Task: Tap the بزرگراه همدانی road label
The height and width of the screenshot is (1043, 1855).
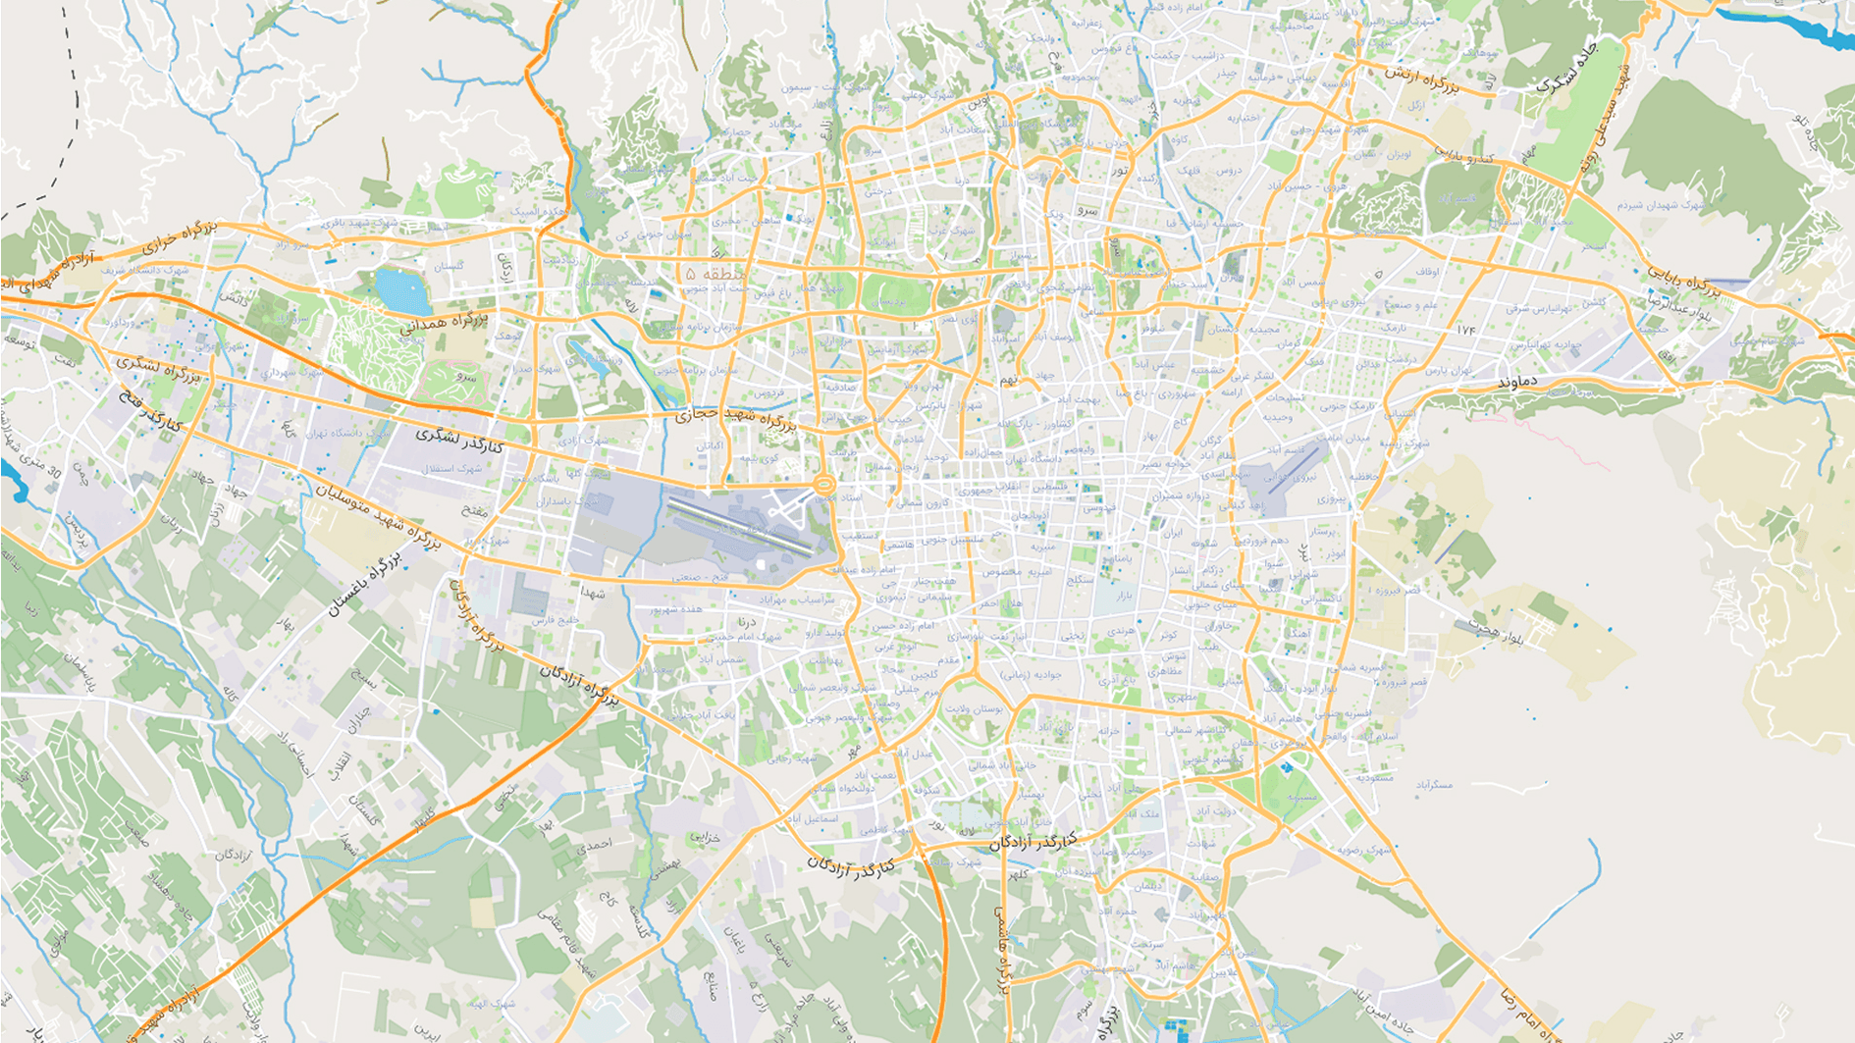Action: pos(444,323)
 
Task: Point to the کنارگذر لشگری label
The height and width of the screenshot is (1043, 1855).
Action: pos(458,440)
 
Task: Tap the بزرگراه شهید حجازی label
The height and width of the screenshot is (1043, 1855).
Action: pos(735,419)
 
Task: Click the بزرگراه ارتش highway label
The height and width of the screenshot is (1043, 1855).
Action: pos(1422,79)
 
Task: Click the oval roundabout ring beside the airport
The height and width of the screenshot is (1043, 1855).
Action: pos(824,484)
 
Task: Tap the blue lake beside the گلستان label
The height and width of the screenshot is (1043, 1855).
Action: pos(402,291)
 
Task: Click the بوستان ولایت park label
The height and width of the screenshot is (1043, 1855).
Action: pos(976,707)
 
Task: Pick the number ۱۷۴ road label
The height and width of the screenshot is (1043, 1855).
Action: pos(1466,330)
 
